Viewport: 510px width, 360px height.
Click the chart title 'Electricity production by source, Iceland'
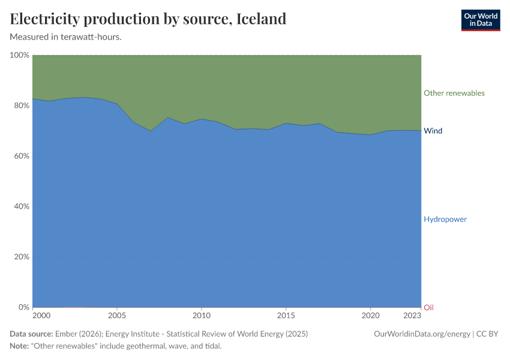point(148,19)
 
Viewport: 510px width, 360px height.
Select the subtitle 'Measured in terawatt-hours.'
point(66,37)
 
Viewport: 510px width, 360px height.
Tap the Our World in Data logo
point(480,20)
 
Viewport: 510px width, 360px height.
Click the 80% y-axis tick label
point(21,106)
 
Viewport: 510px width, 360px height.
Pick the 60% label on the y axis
point(21,156)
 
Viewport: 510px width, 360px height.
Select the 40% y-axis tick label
point(21,206)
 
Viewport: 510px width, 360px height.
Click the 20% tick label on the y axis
point(21,257)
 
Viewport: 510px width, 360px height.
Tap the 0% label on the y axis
point(23,307)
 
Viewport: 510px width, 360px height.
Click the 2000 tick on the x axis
point(41,316)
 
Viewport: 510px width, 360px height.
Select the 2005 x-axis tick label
point(117,316)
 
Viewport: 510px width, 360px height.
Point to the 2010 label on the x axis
point(202,316)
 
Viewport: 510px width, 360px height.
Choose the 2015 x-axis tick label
point(286,316)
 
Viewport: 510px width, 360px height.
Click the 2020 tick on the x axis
point(371,316)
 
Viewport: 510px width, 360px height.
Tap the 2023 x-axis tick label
point(412,316)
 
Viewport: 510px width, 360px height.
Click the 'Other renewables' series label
point(454,93)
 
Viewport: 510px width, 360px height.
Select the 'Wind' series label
point(433,131)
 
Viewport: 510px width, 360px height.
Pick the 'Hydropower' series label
point(445,219)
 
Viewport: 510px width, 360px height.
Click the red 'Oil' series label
point(428,307)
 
